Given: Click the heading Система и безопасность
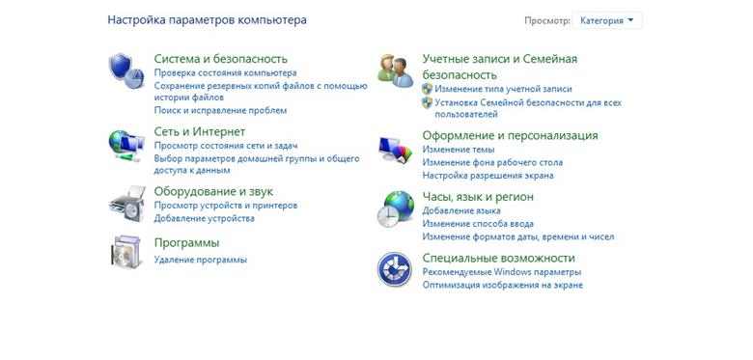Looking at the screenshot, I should [220, 59].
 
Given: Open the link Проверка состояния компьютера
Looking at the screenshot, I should [225, 73].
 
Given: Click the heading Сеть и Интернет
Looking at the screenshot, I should [200, 131].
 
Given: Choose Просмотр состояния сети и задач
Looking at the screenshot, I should [226, 146].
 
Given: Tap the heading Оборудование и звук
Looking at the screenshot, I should [213, 191].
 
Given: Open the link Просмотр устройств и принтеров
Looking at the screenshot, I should [225, 206].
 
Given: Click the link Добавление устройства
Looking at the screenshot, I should [204, 218].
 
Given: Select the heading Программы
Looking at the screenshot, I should [186, 242].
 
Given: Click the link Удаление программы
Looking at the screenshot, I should [200, 260].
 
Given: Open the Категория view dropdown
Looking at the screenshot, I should [607, 19].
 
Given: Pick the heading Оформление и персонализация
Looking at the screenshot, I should [510, 135].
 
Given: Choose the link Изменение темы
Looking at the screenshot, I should [459, 150].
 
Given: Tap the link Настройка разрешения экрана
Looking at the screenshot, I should [488, 176].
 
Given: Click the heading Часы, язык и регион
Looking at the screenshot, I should [478, 196].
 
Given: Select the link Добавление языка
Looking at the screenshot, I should [461, 210].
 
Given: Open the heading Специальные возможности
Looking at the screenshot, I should [498, 258].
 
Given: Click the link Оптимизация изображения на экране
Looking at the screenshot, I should [502, 285].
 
